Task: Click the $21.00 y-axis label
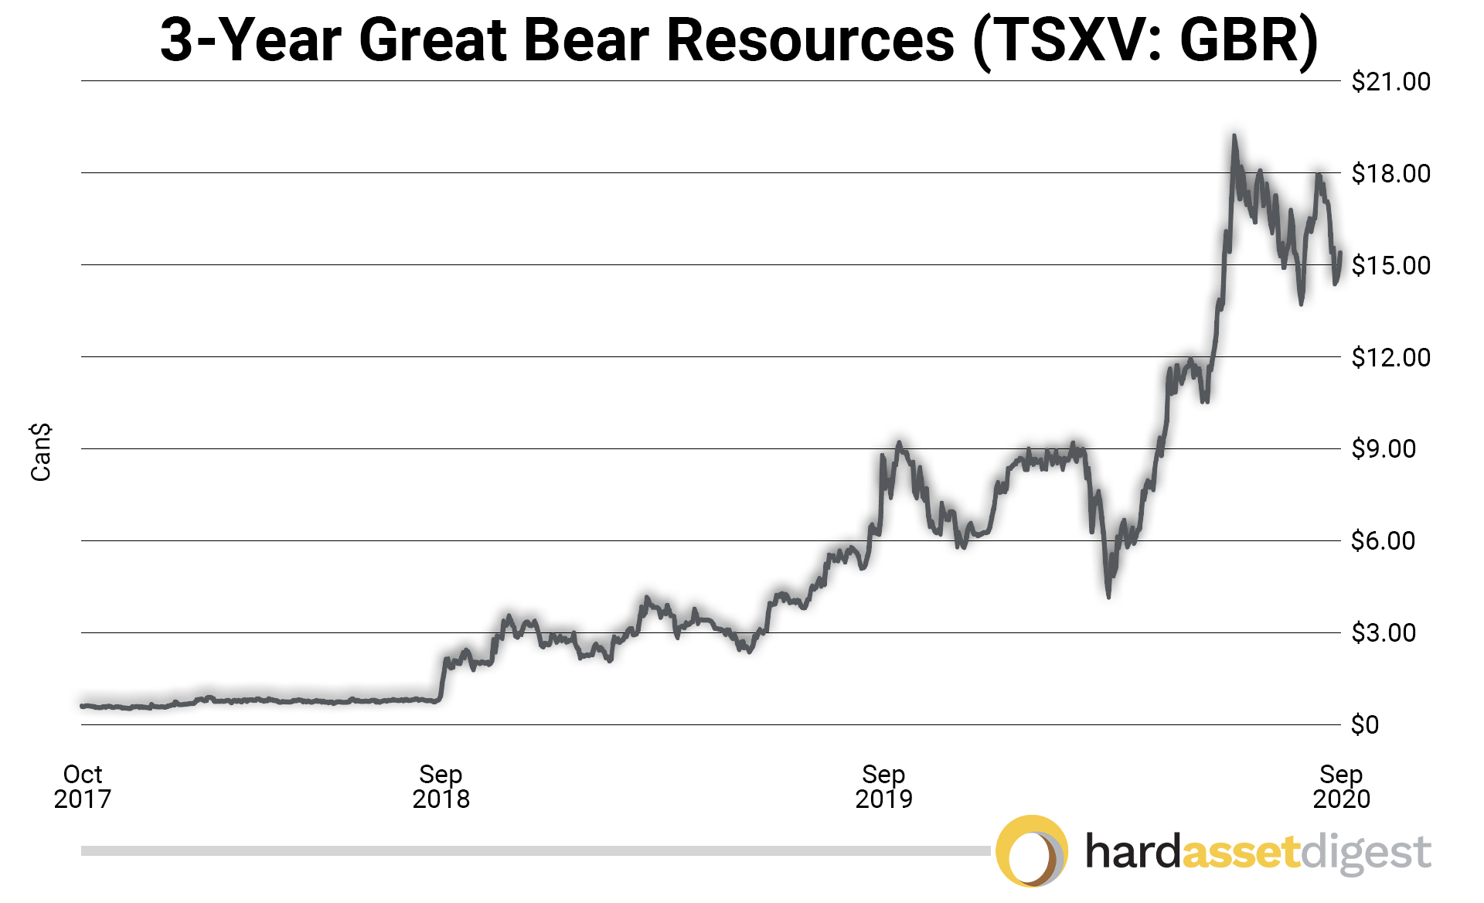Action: click(x=1390, y=81)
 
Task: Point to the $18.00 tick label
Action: click(x=1390, y=173)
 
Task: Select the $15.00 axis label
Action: click(x=1390, y=265)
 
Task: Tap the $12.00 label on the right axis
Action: click(x=1390, y=357)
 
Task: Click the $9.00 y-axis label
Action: click(x=1383, y=448)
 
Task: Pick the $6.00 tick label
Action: click(x=1383, y=540)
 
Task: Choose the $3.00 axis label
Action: click(x=1383, y=632)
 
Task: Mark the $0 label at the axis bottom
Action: click(x=1364, y=724)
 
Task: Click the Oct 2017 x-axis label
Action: click(x=83, y=786)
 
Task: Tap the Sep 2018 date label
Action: click(x=441, y=786)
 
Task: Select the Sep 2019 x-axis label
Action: click(x=883, y=786)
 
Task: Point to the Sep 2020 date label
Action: click(x=1341, y=786)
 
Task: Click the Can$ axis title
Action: click(x=41, y=452)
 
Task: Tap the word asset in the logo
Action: click(x=1241, y=852)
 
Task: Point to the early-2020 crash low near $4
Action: click(x=1108, y=596)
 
